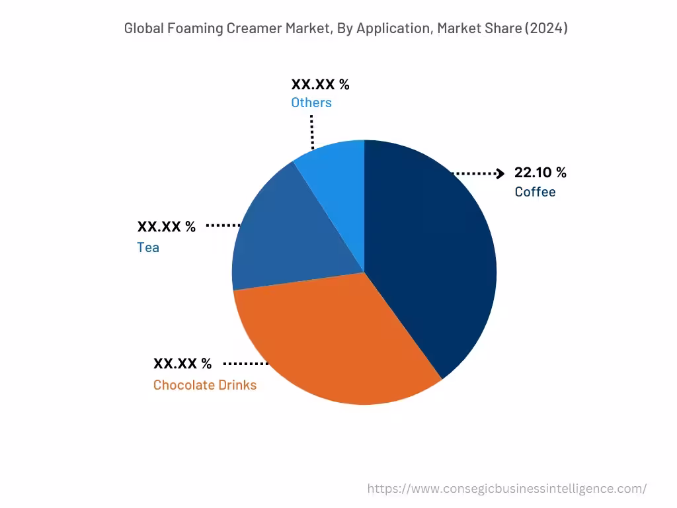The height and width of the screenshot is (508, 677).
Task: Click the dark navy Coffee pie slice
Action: click(x=430, y=265)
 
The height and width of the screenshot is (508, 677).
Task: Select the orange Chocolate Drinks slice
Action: click(x=331, y=344)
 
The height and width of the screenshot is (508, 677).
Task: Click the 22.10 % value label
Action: click(x=540, y=173)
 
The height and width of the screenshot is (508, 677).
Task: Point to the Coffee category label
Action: click(x=535, y=192)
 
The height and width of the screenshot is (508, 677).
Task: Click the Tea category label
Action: click(x=148, y=247)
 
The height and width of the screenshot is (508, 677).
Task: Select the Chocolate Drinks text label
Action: click(x=205, y=385)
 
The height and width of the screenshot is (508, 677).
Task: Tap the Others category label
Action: click(x=311, y=103)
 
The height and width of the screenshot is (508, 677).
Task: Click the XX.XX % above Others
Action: click(x=320, y=85)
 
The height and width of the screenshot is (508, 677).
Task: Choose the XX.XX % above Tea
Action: click(x=167, y=227)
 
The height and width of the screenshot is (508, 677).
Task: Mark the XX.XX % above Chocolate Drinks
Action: click(x=182, y=364)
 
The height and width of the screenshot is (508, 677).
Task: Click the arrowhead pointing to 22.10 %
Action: click(x=500, y=173)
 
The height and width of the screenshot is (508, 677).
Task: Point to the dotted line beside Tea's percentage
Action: click(x=223, y=226)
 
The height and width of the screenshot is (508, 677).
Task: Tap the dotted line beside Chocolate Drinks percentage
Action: click(x=246, y=364)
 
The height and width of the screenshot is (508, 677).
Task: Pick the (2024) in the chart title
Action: click(x=546, y=28)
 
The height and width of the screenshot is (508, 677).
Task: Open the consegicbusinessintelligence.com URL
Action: click(x=507, y=489)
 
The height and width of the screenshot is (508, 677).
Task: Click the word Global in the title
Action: click(x=145, y=28)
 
